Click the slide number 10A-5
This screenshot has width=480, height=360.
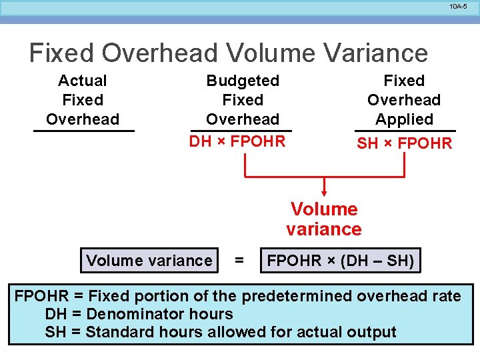click(x=458, y=6)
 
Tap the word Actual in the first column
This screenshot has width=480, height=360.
click(x=83, y=81)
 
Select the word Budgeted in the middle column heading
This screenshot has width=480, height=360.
click(x=243, y=81)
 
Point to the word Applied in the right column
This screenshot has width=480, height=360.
click(x=404, y=119)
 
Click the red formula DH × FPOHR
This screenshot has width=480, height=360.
click(x=237, y=141)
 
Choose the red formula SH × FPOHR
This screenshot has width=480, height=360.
click(x=404, y=143)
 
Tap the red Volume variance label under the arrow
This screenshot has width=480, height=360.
click(x=324, y=219)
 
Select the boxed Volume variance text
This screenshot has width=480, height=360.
click(x=149, y=261)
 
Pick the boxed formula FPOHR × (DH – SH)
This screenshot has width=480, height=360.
click(x=341, y=261)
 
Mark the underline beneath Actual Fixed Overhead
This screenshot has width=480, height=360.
click(x=84, y=131)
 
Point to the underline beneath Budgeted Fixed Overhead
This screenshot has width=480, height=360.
click(x=241, y=131)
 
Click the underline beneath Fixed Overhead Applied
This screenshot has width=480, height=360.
click(x=405, y=131)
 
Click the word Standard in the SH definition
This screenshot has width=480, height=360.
click(x=117, y=332)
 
